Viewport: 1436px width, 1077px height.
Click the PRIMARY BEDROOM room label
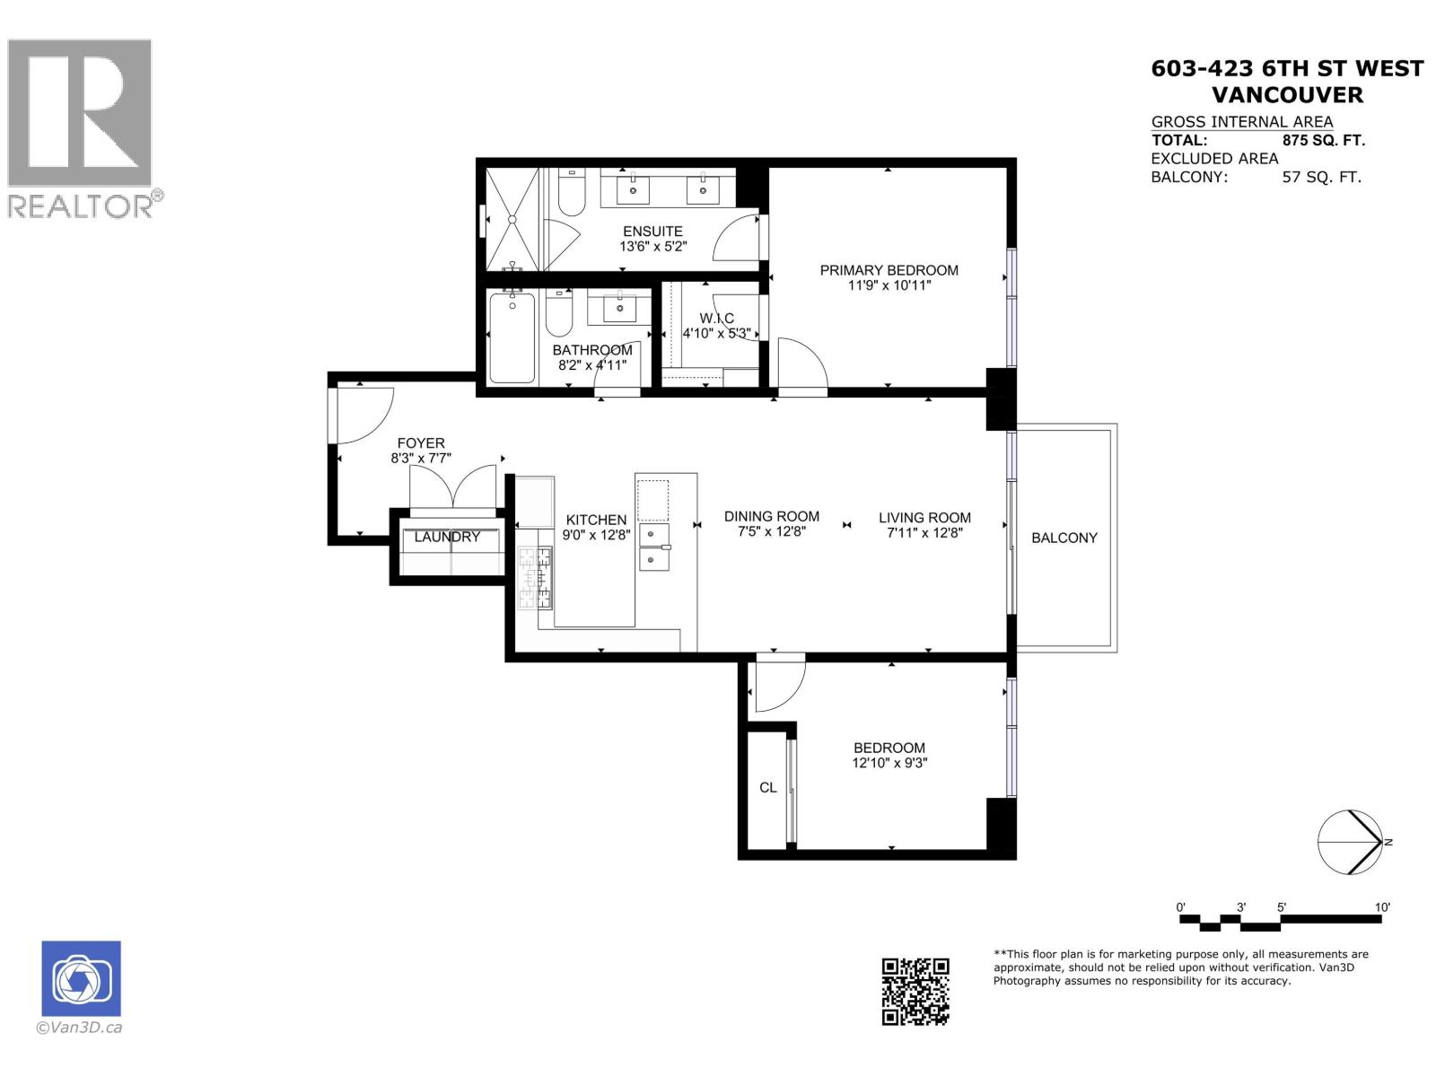click(x=889, y=270)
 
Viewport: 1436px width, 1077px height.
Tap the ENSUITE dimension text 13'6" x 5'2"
click(x=652, y=247)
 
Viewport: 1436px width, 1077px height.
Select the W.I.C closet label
click(x=716, y=319)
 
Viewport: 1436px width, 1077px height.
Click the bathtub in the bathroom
click(x=512, y=338)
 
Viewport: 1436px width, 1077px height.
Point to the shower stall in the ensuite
click(x=513, y=219)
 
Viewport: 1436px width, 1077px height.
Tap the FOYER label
click(x=421, y=443)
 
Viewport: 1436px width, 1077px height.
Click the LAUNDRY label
click(x=447, y=537)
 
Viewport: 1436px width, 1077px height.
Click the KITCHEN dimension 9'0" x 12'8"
click(x=596, y=535)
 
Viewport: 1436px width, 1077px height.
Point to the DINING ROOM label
click(x=772, y=516)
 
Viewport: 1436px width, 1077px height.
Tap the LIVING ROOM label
click(x=924, y=517)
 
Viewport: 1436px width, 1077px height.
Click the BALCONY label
click(x=1064, y=538)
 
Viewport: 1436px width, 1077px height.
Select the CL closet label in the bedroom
click(x=768, y=787)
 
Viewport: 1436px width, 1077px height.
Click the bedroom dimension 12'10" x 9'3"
click(x=889, y=764)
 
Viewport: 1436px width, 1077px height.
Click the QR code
click(x=915, y=991)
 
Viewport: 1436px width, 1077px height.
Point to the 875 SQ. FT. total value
click(x=1324, y=140)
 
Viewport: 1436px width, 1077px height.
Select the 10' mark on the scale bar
click(x=1382, y=907)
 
